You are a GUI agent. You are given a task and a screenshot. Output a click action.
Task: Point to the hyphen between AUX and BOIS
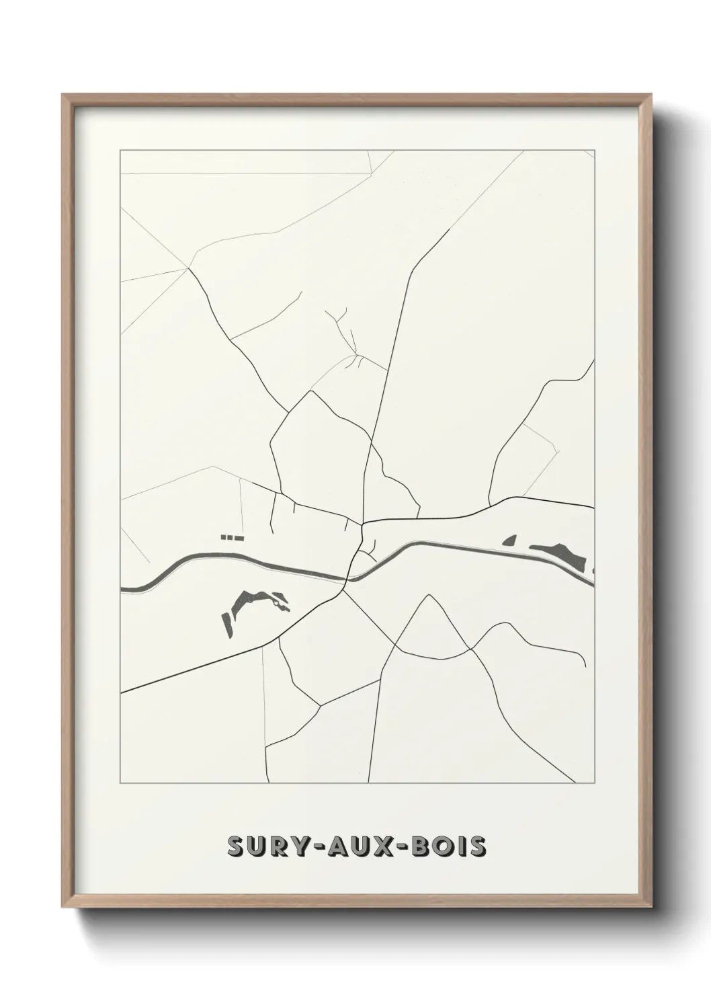coord(403,848)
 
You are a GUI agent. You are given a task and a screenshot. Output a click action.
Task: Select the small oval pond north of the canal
coord(509,540)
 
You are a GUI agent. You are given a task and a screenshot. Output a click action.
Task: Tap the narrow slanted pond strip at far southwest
coord(228,625)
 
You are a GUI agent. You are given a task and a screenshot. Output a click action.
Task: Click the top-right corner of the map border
coord(595,150)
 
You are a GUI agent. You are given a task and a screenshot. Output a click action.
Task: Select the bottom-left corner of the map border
coord(120,783)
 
